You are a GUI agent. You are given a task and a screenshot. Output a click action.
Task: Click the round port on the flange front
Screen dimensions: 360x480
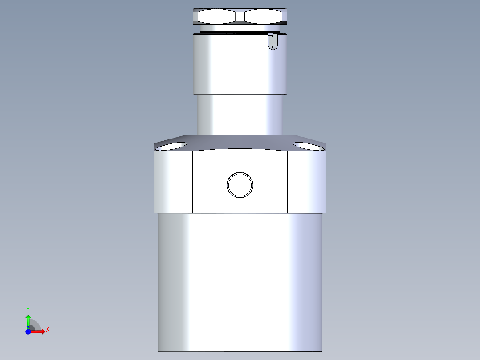(240, 184)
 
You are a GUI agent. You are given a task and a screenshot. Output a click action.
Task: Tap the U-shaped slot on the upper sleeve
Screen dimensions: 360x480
(272, 42)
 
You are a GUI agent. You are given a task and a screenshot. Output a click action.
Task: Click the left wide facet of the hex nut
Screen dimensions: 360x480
(217, 16)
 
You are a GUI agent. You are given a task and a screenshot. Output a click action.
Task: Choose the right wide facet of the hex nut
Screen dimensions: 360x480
(264, 16)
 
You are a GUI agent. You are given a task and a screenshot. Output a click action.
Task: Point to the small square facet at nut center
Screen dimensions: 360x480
(240, 16)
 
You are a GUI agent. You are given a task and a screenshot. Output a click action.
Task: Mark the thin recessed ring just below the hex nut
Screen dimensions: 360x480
(240, 29)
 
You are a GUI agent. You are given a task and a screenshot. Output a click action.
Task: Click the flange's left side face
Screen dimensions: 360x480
(173, 182)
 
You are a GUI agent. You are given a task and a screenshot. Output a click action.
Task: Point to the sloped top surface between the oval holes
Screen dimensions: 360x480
(240, 141)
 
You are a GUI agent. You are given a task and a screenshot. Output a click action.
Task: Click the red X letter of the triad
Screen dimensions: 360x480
(48, 330)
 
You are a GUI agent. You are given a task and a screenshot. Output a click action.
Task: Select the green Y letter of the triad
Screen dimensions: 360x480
(28, 309)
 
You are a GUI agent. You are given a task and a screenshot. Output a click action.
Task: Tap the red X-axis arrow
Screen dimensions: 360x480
(39, 331)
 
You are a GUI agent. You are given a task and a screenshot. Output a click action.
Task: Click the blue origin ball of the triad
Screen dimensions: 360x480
(28, 331)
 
